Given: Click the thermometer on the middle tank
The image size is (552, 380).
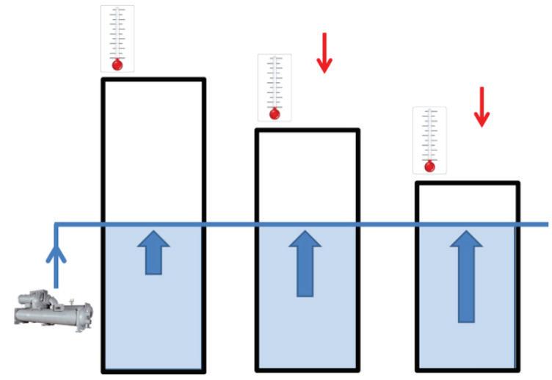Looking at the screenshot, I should (x=275, y=87).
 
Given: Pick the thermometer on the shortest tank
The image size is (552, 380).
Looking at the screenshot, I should (x=429, y=140).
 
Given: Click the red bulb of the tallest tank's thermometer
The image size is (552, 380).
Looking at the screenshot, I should (x=117, y=65).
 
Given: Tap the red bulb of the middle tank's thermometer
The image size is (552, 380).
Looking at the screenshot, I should (x=275, y=114).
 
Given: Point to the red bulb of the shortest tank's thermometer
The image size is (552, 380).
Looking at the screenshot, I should (x=429, y=167).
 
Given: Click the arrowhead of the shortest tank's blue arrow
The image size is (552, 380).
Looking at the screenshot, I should (x=466, y=240).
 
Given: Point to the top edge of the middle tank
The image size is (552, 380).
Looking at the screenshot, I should (x=307, y=131).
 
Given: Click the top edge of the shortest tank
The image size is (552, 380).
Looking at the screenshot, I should (x=467, y=183).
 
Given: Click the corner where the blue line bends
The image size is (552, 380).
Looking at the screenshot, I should (x=57, y=224).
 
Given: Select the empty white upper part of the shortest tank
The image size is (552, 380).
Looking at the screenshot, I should (x=467, y=203).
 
